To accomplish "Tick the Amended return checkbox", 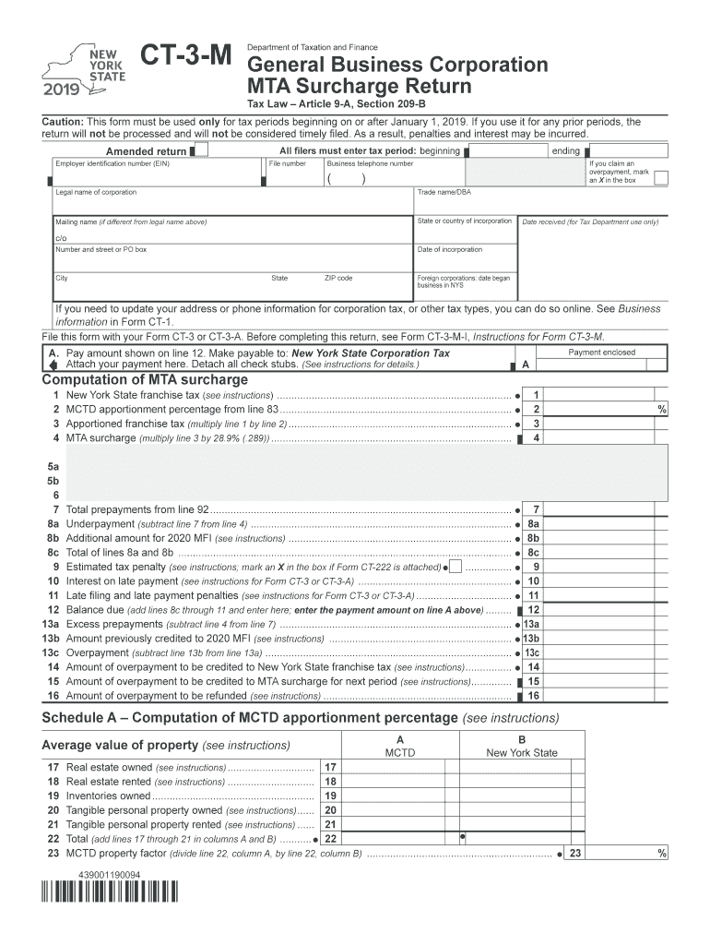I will tap(203, 150).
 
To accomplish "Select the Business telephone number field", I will tap(393, 178).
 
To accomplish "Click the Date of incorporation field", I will tap(465, 260).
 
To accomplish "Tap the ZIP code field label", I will tap(338, 278).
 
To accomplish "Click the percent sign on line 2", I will tap(661, 409).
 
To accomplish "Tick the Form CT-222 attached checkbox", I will tap(456, 567).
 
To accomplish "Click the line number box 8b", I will tap(533, 538).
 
